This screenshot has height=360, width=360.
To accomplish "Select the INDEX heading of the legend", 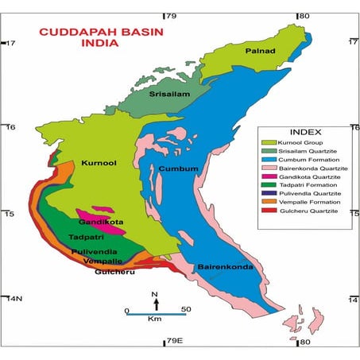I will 305,132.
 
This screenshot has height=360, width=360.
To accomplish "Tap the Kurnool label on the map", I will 99,163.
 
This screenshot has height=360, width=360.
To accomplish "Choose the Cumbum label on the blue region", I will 178,168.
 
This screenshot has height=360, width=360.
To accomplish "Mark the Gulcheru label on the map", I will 110,272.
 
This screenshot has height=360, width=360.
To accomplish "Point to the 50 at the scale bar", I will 184,310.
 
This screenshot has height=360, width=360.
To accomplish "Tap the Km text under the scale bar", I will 155,325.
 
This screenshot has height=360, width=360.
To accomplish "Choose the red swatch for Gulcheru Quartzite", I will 270,211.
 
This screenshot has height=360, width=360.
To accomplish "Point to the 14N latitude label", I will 14,299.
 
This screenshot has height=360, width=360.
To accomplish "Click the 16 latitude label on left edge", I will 10,127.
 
